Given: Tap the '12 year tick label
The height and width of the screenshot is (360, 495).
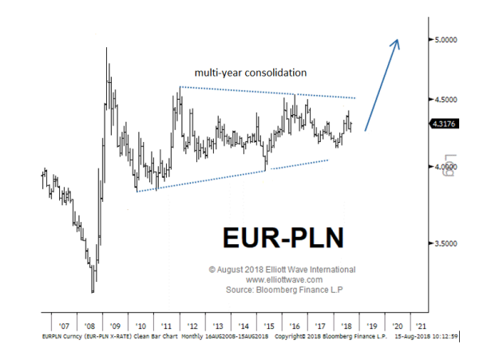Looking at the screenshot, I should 193,326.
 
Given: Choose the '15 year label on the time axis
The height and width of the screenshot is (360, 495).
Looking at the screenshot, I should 269,326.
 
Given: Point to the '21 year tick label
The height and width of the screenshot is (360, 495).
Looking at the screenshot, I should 421,326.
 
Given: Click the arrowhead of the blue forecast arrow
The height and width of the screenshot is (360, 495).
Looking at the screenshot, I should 397,42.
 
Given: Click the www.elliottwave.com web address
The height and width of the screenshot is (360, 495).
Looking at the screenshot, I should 283,279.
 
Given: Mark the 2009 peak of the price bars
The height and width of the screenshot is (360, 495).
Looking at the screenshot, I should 107,49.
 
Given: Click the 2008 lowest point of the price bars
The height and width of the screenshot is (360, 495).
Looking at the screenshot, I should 93,291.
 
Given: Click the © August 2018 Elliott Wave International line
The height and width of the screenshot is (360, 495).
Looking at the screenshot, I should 283,270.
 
